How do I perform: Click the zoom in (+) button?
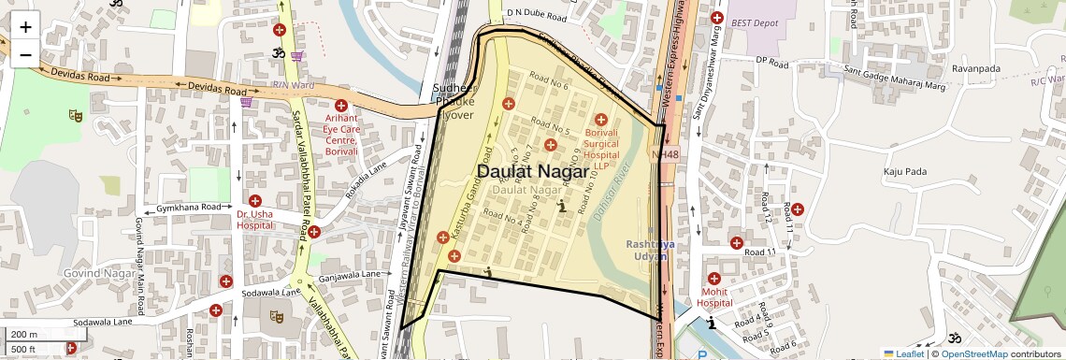25,26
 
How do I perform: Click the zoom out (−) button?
25,54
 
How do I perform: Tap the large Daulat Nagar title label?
533,172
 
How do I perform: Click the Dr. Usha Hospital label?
254,219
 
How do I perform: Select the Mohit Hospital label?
714,297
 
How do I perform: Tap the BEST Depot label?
756,22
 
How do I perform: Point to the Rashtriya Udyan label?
651,251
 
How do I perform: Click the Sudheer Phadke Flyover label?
454,101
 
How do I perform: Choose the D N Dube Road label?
537,15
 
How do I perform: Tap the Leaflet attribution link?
903,353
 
